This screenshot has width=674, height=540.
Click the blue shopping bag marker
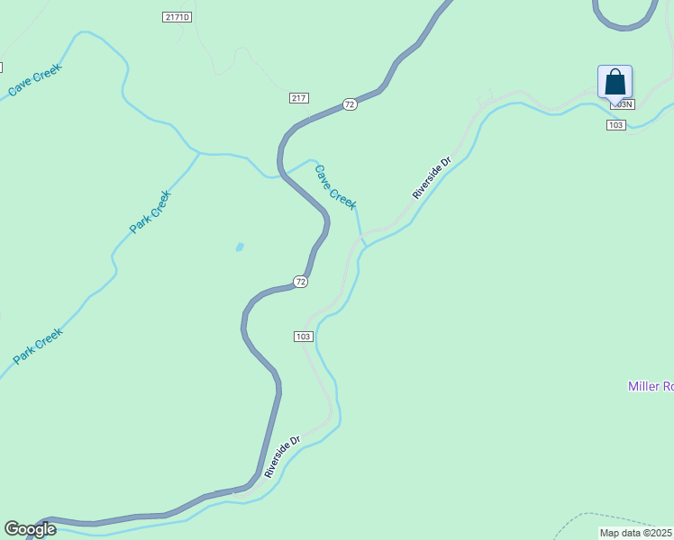pos(615,82)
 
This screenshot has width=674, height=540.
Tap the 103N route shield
pos(623,103)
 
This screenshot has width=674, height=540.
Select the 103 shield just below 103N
pos(615,124)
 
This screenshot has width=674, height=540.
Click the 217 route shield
pos(299,97)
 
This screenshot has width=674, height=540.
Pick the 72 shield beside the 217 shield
pos(350,104)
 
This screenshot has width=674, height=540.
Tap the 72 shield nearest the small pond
pos(301,282)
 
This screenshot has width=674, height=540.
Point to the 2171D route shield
pos(178,17)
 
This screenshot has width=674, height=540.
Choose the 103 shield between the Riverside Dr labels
pos(303,337)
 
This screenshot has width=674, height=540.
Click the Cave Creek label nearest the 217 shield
pos(335,186)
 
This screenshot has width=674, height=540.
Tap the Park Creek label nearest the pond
pos(150,211)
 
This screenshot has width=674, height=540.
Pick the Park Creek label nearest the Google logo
pos(39,346)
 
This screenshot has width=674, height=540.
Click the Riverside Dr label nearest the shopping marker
pos(431,178)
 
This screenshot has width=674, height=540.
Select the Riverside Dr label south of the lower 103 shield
pos(282,457)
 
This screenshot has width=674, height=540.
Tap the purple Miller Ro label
pos(650,386)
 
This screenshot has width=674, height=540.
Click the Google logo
pos(30,529)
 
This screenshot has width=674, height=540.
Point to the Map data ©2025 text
pos(636,533)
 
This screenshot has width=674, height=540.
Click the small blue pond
pos(239,247)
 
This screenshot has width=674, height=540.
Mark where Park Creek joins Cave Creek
pos(199,154)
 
